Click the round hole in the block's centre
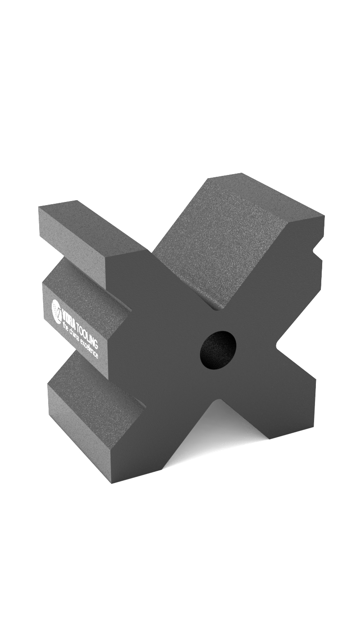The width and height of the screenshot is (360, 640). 218,350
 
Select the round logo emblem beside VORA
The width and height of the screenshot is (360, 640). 56,310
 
